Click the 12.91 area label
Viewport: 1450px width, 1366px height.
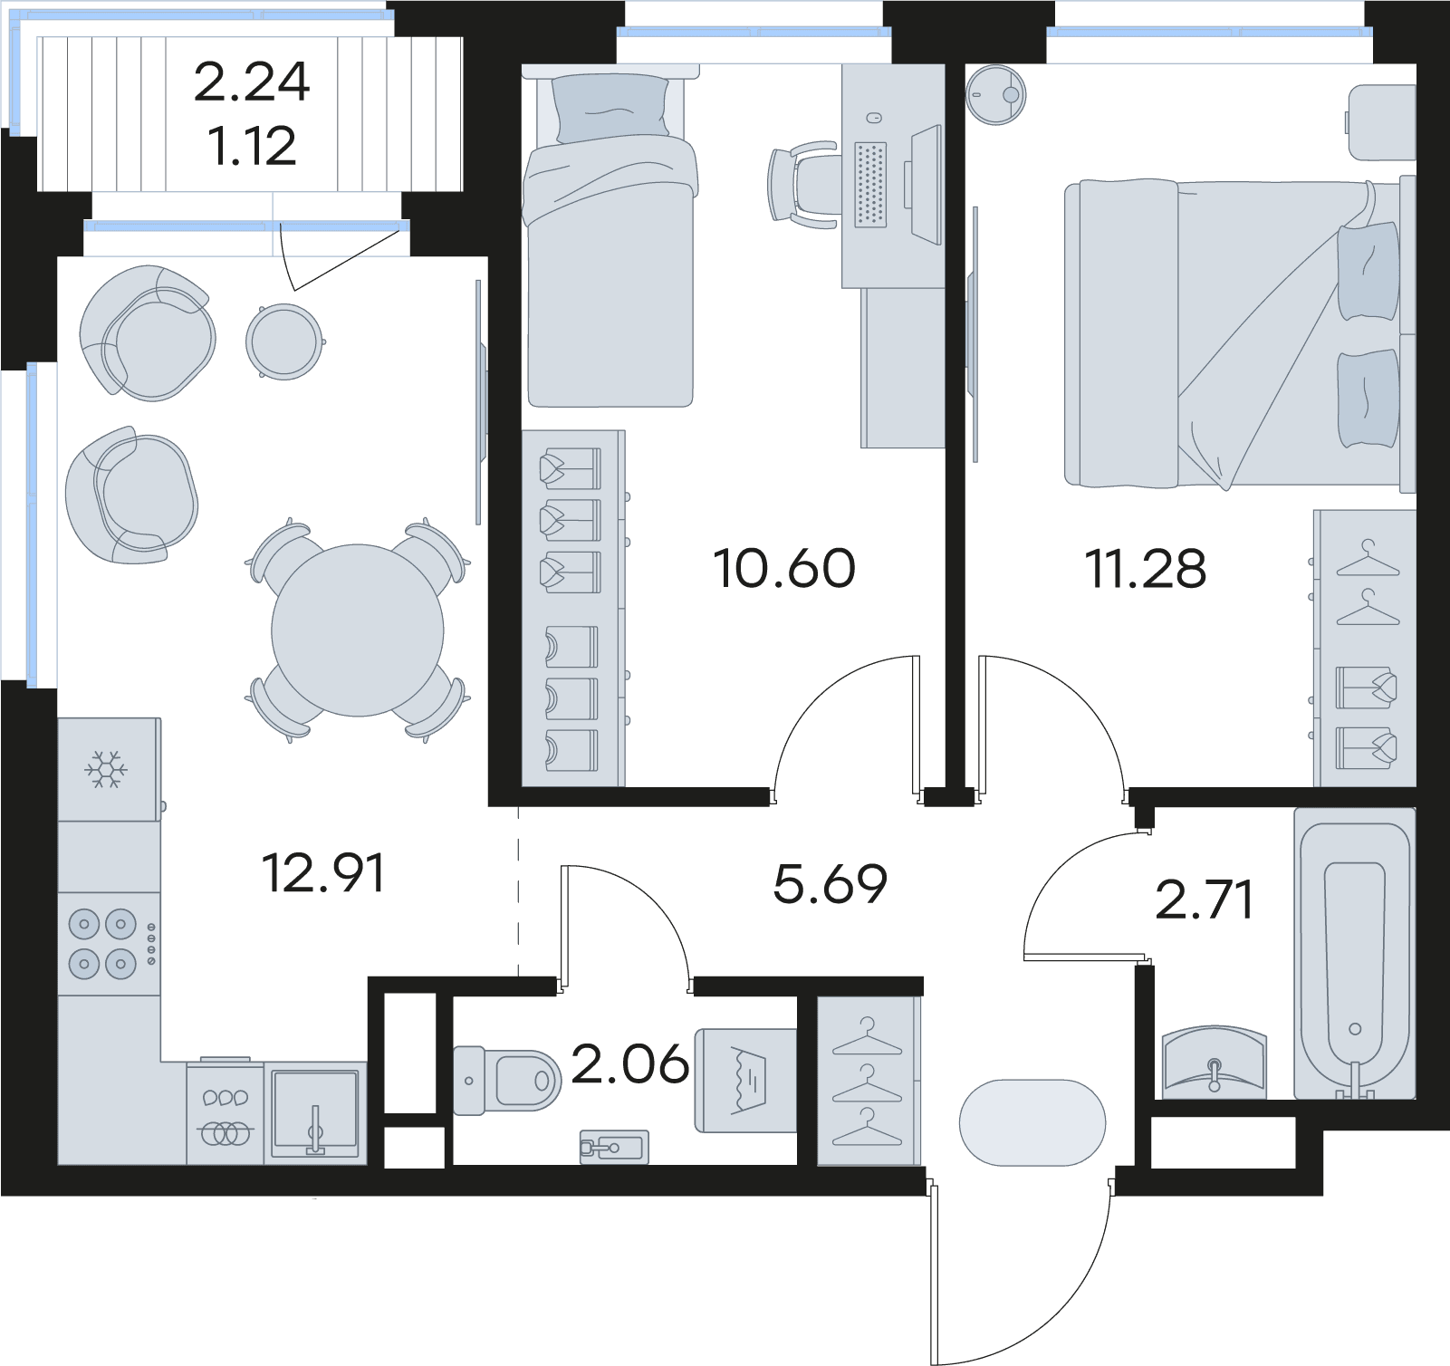(323, 873)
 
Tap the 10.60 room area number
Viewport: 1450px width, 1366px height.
(784, 569)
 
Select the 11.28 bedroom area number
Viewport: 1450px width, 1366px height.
(1146, 569)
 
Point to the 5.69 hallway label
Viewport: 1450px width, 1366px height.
(831, 884)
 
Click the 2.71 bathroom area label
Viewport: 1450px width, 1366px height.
(1205, 900)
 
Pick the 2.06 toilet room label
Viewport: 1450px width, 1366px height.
(630, 1063)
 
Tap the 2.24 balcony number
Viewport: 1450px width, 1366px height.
(252, 82)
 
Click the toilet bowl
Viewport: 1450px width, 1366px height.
(506, 1078)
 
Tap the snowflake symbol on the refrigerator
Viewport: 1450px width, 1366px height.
(106, 769)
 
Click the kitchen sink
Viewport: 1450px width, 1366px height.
(315, 1112)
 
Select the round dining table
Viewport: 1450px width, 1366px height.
(358, 630)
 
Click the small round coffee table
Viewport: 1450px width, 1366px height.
(284, 341)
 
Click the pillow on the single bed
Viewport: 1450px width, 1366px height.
(610, 109)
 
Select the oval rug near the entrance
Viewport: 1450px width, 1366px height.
(1032, 1122)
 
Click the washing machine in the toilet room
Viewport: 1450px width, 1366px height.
(745, 1080)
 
